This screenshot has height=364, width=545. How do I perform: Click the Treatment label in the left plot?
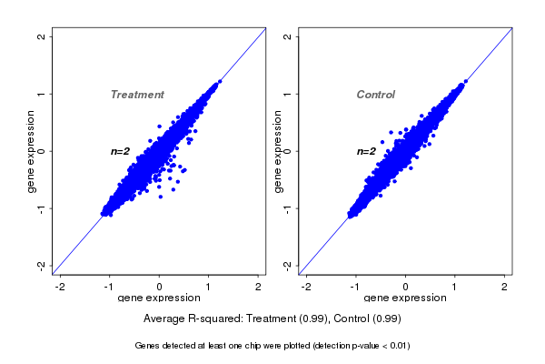137,95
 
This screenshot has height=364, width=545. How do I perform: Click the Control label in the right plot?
375,95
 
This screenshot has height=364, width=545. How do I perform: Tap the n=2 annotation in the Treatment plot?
121,151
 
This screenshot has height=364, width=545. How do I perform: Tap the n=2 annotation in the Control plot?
366,151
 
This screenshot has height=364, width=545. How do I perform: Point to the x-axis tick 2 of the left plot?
259,287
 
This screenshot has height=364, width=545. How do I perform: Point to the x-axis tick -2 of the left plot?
60,287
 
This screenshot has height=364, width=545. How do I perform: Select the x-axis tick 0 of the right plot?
405,287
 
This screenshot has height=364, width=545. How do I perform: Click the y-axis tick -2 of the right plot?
287,265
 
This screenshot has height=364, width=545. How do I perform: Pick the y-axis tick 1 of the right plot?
287,94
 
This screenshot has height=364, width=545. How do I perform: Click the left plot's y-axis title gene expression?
32,151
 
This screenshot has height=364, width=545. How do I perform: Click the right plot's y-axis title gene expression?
277,151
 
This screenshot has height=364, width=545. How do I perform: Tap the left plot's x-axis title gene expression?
160,298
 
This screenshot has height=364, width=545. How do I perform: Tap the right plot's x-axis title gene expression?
405,298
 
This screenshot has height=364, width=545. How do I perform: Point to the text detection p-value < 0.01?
362,346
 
